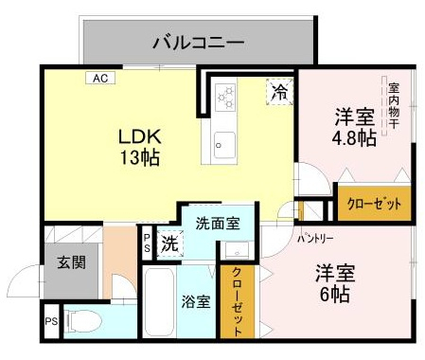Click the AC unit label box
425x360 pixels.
(100, 78)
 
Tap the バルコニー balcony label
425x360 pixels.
(199, 43)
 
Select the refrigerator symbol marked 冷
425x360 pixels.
(279, 92)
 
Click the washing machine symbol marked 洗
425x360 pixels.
(170, 243)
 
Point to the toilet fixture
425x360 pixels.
(83, 321)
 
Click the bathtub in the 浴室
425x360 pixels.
(159, 302)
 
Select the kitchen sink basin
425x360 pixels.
(224, 145)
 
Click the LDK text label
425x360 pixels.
(140, 136)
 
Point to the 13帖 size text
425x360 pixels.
(140, 157)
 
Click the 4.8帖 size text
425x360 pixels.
(354, 137)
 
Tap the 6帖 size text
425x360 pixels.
(335, 295)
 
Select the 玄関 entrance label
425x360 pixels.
(72, 262)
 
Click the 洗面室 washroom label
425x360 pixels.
(218, 224)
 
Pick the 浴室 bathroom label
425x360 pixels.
(196, 301)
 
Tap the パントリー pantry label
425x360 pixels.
(315, 239)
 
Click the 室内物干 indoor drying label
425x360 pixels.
(394, 106)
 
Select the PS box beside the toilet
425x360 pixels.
(51, 321)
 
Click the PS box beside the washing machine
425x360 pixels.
(147, 243)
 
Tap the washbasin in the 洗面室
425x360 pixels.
(238, 250)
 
